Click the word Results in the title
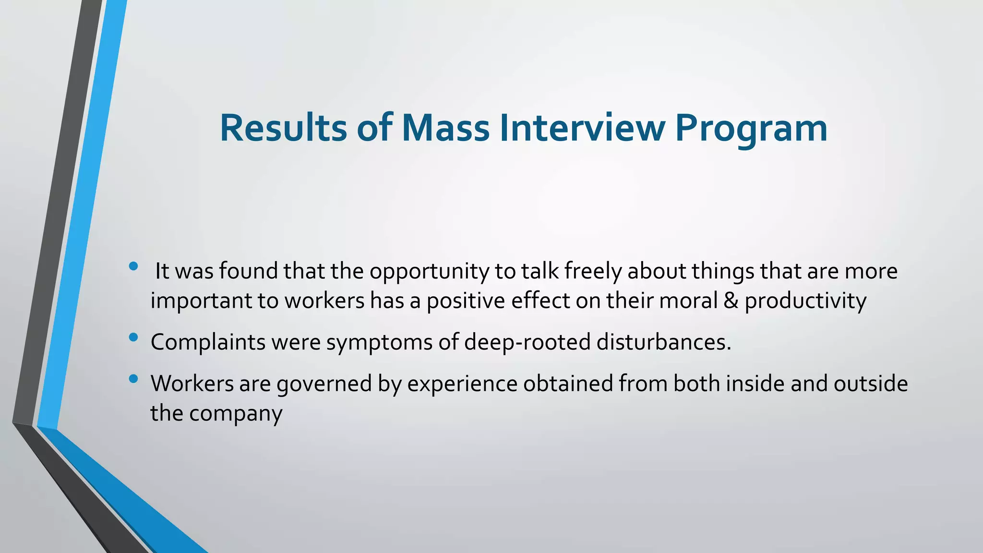(x=283, y=128)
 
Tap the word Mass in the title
(x=445, y=128)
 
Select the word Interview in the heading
(x=582, y=128)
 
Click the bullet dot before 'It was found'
(x=133, y=266)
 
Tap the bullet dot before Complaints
(x=133, y=337)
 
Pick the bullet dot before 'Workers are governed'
(x=133, y=379)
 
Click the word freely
(x=593, y=272)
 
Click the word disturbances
(x=664, y=342)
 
